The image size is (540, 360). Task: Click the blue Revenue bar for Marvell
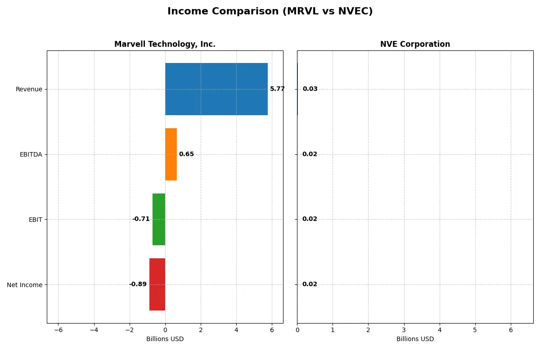pos(216,89)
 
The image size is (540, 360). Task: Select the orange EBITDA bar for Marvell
pos(171,154)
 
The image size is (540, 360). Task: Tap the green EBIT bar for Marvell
pos(159,219)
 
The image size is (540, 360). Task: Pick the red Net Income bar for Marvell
pos(157,284)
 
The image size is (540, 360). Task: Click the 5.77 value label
pos(277,89)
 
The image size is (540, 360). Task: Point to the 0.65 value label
pos(186,154)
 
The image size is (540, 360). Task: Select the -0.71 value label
pos(141,219)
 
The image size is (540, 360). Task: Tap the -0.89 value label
pos(138,284)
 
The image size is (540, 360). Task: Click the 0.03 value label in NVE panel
pos(310,89)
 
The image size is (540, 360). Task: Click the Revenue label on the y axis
pos(29,89)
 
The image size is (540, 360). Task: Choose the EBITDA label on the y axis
pos(31,154)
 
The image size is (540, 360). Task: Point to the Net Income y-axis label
pos(25,284)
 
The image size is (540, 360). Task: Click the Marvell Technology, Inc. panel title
pos(165,44)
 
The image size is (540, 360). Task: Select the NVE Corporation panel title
pos(415,44)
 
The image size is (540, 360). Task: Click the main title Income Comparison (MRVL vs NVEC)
pos(270,11)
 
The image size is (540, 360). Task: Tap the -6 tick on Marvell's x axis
pos(58,330)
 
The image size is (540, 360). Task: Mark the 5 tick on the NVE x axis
pos(475,330)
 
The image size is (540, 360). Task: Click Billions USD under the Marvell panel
pos(165,339)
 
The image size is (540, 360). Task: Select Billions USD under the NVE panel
pos(415,339)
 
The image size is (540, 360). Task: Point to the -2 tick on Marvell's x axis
pos(130,330)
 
